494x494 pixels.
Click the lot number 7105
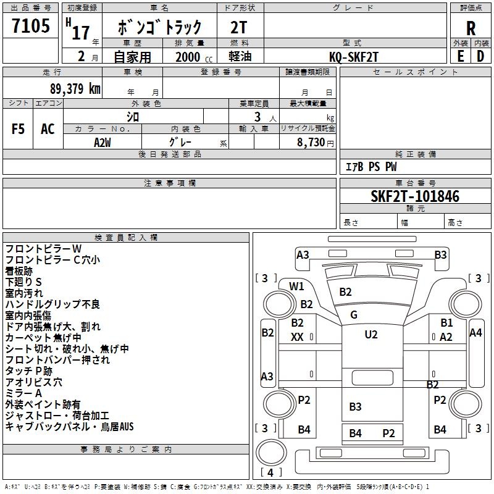pyautogui.click(x=30, y=25)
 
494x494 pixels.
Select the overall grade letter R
pyautogui.click(x=471, y=28)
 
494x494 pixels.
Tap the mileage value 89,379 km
pyautogui.click(x=75, y=88)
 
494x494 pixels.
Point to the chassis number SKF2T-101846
pyautogui.click(x=415, y=196)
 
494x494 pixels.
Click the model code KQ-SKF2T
pyautogui.click(x=353, y=57)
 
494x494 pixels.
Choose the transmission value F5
pyautogui.click(x=18, y=128)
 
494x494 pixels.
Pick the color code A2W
pyautogui.click(x=103, y=143)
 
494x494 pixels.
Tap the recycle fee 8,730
pyautogui.click(x=311, y=143)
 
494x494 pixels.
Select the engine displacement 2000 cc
pyautogui.click(x=194, y=57)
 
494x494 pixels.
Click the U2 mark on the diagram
pyautogui.click(x=371, y=334)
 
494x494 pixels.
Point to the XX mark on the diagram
pyautogui.click(x=297, y=337)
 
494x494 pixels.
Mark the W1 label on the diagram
pyautogui.click(x=296, y=286)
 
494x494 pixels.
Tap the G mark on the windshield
pyautogui.click(x=354, y=314)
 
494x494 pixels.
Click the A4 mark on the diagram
pyautogui.click(x=475, y=332)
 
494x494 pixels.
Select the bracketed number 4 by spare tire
pyautogui.click(x=270, y=472)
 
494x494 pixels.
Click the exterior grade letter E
pyautogui.click(x=460, y=56)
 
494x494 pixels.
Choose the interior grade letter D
pyautogui.click(x=480, y=56)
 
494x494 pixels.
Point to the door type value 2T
pyautogui.click(x=239, y=27)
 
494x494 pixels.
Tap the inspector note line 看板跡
pyautogui.click(x=19, y=271)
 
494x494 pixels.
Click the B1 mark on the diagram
pyautogui.click(x=446, y=322)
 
